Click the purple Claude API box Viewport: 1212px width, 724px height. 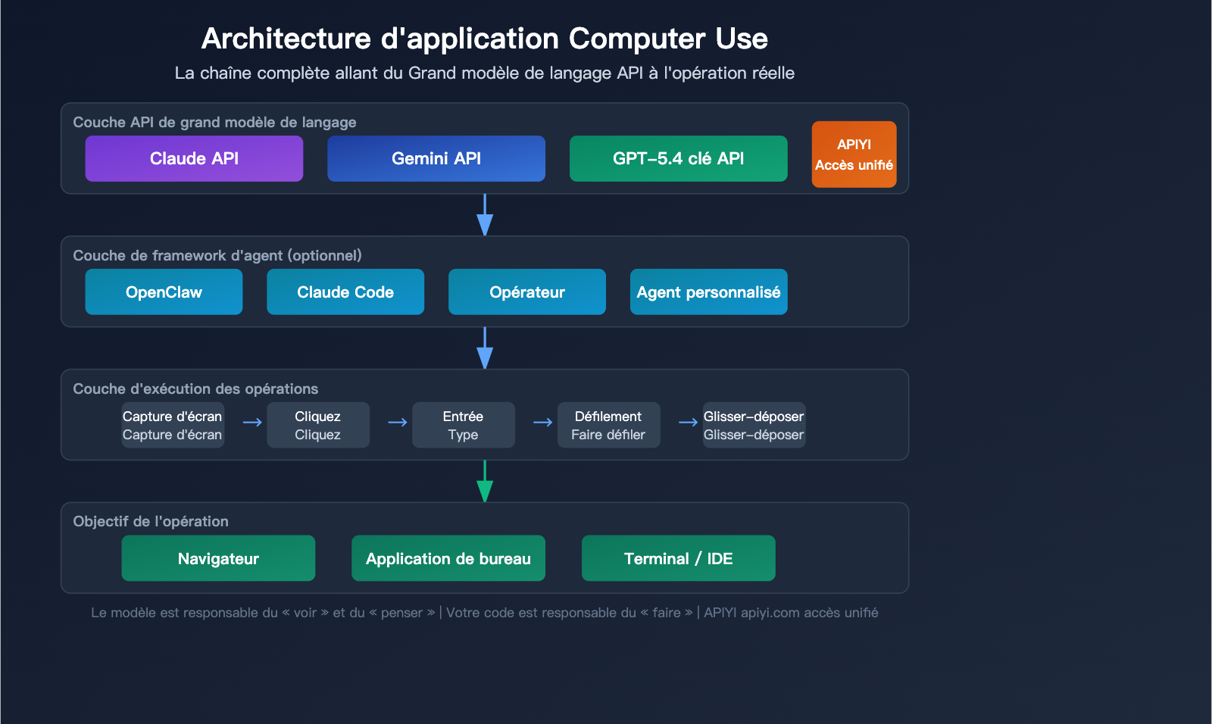194,158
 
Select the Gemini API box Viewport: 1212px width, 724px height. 436,158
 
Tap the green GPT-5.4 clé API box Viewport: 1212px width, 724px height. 678,158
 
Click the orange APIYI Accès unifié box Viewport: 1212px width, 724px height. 854,154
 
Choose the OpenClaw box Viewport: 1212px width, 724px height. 164,292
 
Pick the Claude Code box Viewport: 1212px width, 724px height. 345,292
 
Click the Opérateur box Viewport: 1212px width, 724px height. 526,292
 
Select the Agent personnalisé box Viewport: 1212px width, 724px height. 708,292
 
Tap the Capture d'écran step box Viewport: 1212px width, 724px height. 173,425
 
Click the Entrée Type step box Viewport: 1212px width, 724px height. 463,425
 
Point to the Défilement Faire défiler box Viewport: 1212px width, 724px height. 608,425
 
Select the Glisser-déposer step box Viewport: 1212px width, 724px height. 754,425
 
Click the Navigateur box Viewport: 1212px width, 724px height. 218,558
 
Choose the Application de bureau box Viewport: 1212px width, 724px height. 448,558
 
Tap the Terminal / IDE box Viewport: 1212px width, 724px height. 678,558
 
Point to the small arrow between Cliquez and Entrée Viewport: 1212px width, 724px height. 398,423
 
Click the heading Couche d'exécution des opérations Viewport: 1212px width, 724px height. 195,389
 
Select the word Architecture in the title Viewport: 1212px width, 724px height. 286,39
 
